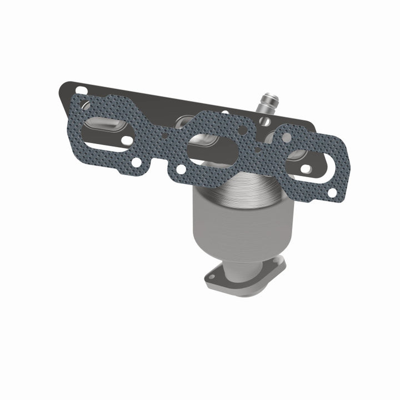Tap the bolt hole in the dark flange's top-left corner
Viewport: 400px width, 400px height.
coord(81,89)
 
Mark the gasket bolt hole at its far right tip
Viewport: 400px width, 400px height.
coord(332,192)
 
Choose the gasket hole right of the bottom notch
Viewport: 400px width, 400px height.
coord(181,168)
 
